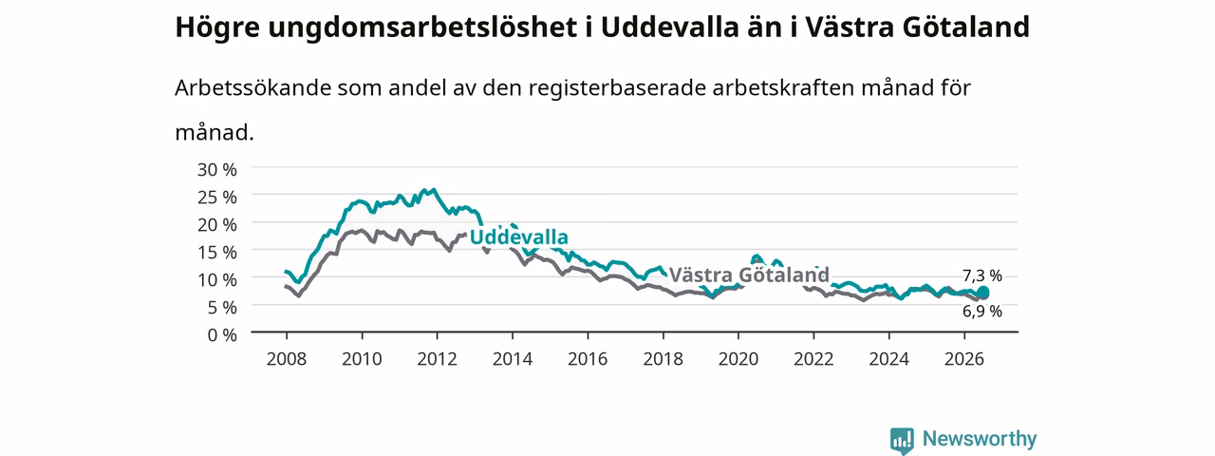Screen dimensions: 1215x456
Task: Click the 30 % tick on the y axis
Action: (217, 170)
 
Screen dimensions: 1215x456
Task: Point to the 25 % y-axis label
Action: (217, 197)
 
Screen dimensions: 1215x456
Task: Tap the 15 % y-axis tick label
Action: (217, 253)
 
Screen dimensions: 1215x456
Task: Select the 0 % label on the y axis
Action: (222, 335)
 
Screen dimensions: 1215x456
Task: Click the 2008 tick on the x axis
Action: (287, 359)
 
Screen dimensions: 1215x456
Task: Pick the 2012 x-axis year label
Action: (438, 359)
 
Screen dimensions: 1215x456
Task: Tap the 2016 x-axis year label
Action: (588, 359)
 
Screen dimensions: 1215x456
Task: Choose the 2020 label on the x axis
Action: (738, 359)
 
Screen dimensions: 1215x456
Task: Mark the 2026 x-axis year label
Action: (964, 359)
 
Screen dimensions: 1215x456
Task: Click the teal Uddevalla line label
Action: (519, 237)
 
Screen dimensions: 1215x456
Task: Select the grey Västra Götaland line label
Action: (749, 275)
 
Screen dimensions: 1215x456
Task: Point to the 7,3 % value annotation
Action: (982, 275)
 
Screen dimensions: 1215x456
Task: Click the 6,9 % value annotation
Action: (982, 311)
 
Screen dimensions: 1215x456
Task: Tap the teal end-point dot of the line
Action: (982, 294)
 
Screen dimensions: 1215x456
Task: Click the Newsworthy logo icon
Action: (902, 441)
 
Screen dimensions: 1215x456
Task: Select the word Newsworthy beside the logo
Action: (980, 438)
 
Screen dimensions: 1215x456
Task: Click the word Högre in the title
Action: (217, 28)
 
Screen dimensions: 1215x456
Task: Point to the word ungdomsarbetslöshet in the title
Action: (422, 28)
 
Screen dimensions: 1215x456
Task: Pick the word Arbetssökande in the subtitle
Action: (252, 87)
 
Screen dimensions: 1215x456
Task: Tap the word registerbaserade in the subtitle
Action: (617, 88)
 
